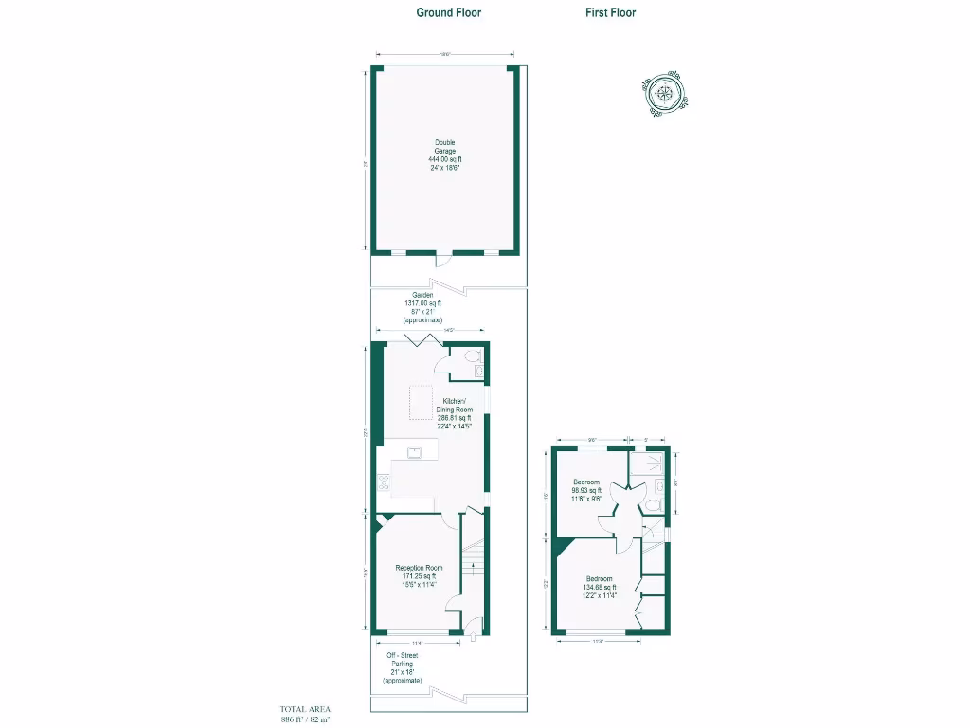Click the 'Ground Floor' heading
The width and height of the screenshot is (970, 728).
point(449,12)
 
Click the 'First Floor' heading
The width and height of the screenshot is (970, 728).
point(610,12)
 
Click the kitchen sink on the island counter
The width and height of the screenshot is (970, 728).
point(414,453)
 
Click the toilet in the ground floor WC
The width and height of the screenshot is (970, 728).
point(476,356)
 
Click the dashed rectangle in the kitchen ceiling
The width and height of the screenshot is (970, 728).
point(421,403)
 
